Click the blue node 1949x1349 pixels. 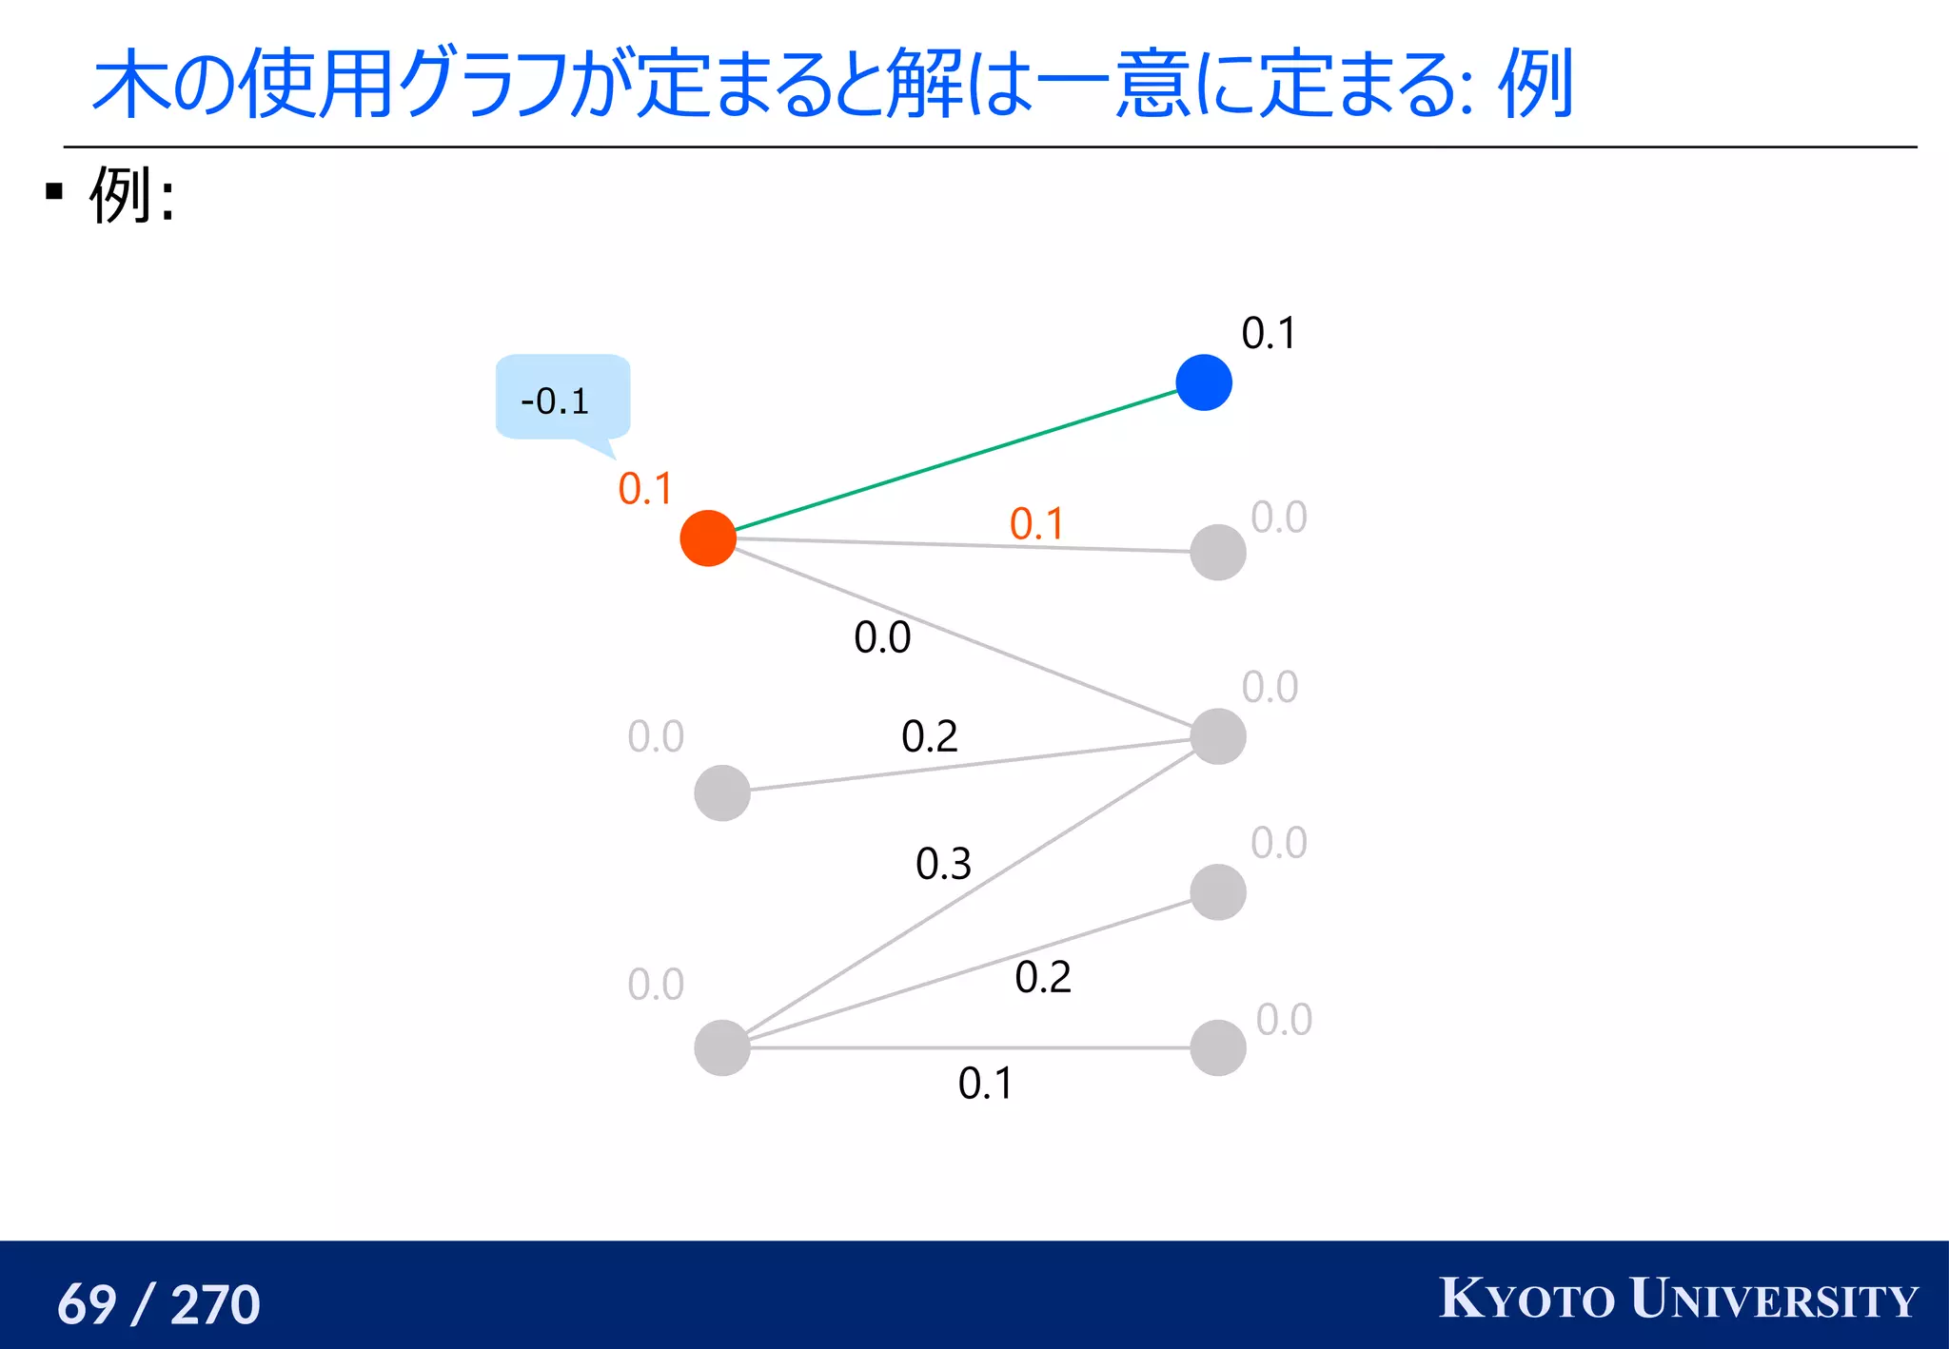pyautogui.click(x=1204, y=382)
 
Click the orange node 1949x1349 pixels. pyautogui.click(x=708, y=538)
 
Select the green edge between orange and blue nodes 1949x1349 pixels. pyautogui.click(x=955, y=460)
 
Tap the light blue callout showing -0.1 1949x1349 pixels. pyautogui.click(x=561, y=398)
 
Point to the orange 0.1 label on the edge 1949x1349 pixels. pyautogui.click(x=1036, y=524)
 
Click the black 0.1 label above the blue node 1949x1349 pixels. pyautogui.click(x=1269, y=334)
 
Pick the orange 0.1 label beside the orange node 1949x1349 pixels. pyautogui.click(x=645, y=489)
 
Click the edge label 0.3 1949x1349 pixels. pyautogui.click(x=943, y=864)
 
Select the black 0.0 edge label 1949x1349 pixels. pyautogui.click(x=882, y=637)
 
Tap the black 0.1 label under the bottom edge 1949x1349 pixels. pyautogui.click(x=986, y=1084)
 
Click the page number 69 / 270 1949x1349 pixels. pyautogui.click(x=159, y=1303)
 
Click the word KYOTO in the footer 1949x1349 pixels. pyautogui.click(x=1526, y=1299)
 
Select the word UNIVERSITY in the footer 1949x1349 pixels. pyautogui.click(x=1773, y=1299)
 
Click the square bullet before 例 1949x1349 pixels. pyautogui.click(x=54, y=192)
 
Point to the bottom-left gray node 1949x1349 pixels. pyautogui.click(x=722, y=1047)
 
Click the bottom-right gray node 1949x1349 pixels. pyautogui.click(x=1218, y=1047)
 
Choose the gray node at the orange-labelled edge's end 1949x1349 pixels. pyautogui.click(x=1218, y=552)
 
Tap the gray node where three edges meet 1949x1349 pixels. pyautogui.click(x=1218, y=736)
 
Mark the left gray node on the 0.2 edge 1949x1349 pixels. pyautogui.click(x=722, y=792)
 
